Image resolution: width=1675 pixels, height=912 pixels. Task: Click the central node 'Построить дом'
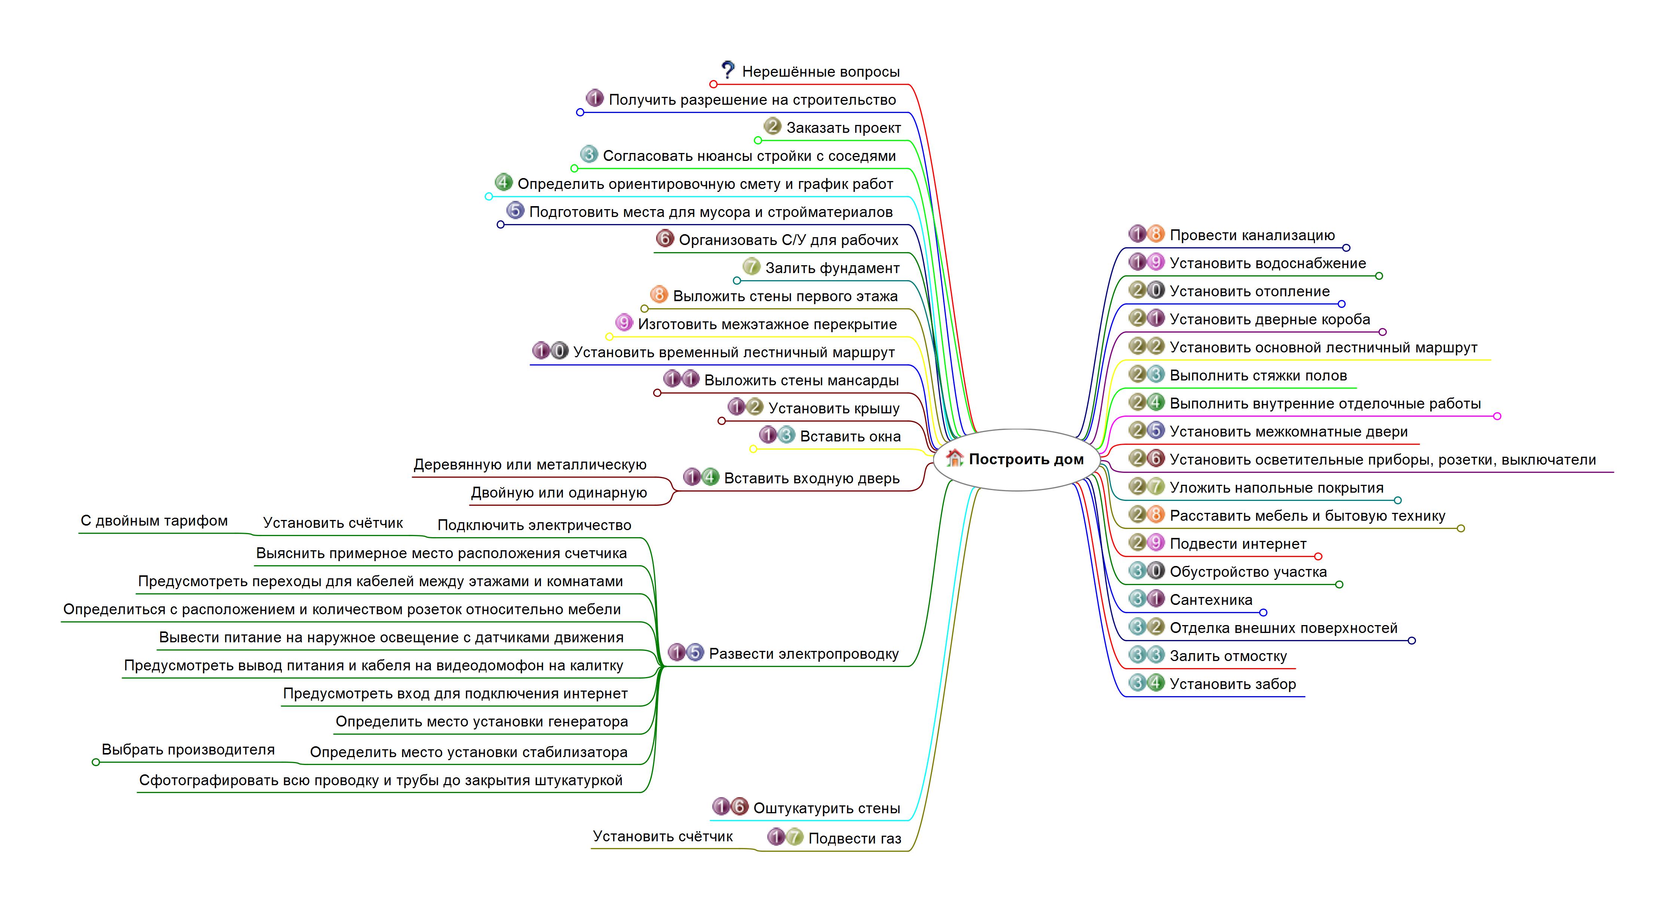[x=1017, y=460]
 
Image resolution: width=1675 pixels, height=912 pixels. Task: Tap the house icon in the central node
[x=954, y=458]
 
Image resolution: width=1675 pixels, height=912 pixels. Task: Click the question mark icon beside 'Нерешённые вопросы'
[x=728, y=70]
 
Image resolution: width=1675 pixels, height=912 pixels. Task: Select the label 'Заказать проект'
[x=843, y=128]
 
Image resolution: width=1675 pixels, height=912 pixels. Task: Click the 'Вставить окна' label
[x=850, y=436]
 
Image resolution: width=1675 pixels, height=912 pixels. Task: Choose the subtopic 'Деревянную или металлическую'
[x=530, y=464]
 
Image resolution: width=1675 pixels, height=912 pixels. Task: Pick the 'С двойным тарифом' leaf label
[x=154, y=521]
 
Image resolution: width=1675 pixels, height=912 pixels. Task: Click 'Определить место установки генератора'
[x=482, y=722]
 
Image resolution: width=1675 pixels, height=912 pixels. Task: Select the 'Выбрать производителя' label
[x=188, y=750]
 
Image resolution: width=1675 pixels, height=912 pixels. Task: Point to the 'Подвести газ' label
[x=855, y=839]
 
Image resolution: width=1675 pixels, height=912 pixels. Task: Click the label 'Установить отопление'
[x=1250, y=291]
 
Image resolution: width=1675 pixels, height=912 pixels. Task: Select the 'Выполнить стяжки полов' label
[x=1258, y=375]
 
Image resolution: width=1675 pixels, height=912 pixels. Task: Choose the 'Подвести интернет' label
[x=1238, y=544]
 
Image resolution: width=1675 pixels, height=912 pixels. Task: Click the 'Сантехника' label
[x=1211, y=600]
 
